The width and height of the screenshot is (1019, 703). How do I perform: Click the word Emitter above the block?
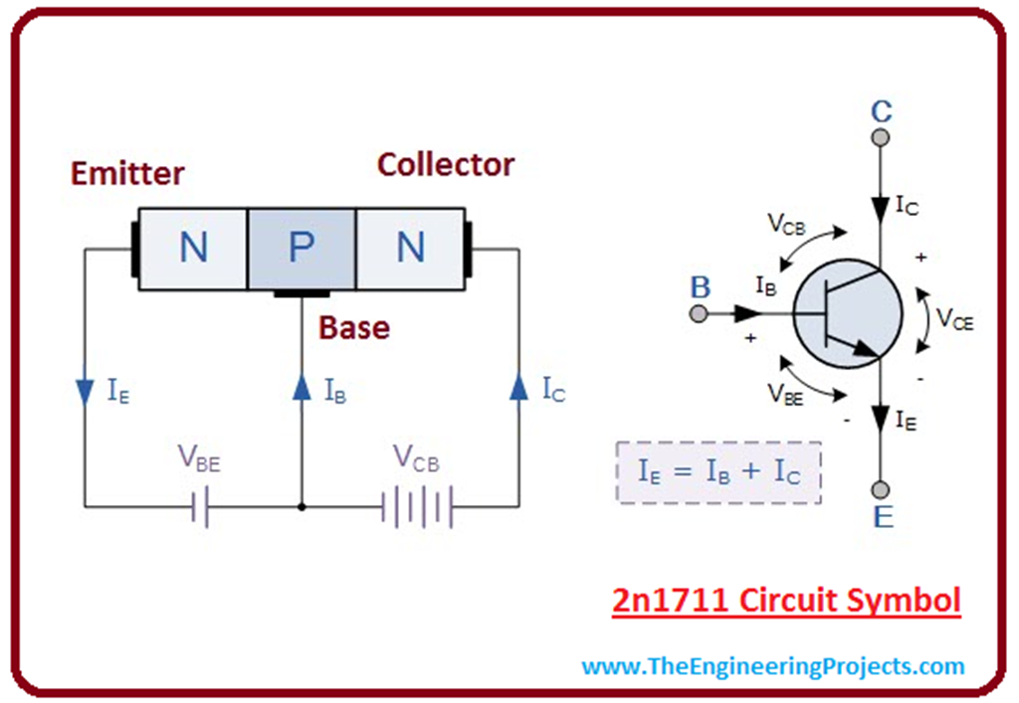(127, 173)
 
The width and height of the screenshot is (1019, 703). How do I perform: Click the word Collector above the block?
(445, 164)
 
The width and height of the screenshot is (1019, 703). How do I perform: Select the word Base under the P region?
(354, 327)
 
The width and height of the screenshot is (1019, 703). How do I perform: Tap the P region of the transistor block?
(301, 249)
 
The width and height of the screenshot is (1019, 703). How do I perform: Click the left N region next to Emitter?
(193, 249)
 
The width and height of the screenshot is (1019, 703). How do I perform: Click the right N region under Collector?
(410, 249)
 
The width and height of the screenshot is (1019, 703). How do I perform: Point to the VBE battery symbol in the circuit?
(200, 508)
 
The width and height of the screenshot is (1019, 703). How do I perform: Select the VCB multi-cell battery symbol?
(418, 508)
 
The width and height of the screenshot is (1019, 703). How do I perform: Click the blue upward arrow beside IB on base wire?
(301, 388)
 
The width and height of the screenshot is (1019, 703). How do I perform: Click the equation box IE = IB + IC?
(717, 471)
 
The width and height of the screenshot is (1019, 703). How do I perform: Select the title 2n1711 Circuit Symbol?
(785, 601)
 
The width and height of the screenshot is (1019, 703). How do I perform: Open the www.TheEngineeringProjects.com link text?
(773, 665)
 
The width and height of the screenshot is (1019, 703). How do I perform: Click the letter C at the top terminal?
(881, 110)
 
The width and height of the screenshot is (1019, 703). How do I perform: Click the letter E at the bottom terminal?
(881, 516)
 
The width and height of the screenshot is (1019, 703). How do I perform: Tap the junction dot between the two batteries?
(301, 508)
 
